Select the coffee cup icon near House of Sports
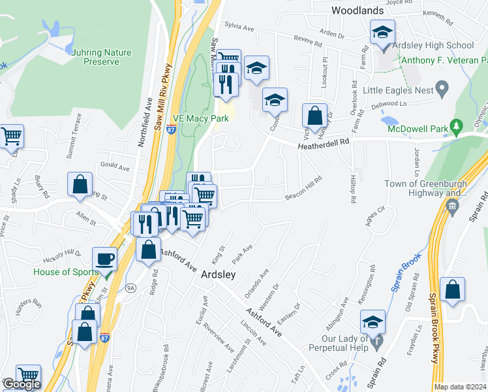click(x=104, y=259)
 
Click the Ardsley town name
click(x=218, y=275)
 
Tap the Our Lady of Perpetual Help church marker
click(x=376, y=340)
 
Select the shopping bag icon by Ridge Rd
click(x=148, y=250)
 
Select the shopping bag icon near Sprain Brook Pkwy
click(x=452, y=289)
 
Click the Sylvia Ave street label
click(x=239, y=27)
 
